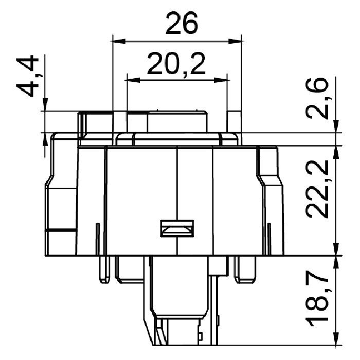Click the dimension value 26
[x=182, y=23]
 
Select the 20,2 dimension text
[x=176, y=64]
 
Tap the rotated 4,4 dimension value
[x=27, y=76]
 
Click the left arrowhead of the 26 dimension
[x=118, y=42]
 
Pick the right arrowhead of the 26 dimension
[x=236, y=42]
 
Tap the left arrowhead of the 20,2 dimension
[x=132, y=80]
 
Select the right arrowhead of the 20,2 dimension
[x=222, y=80]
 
